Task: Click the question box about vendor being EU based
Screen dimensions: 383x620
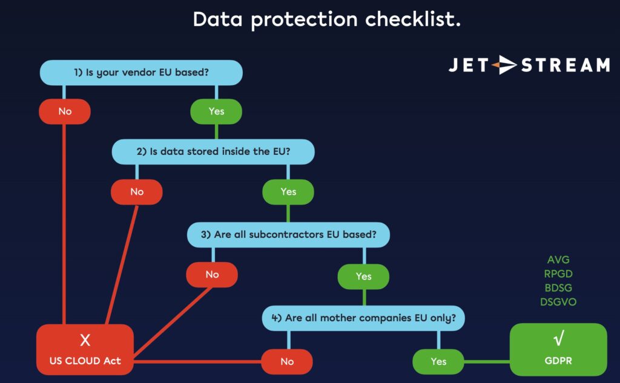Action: pyautogui.click(x=141, y=73)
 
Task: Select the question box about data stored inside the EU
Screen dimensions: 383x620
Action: pyautogui.click(x=213, y=151)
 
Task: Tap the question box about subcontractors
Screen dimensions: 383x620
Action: pyautogui.click(x=288, y=235)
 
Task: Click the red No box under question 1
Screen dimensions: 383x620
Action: pyautogui.click(x=65, y=111)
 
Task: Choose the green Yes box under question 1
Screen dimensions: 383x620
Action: pyautogui.click(x=216, y=111)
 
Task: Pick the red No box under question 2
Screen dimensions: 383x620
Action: pyautogui.click(x=137, y=192)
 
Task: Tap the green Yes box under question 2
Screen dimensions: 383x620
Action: pyautogui.click(x=288, y=192)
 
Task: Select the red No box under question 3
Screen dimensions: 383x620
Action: pyautogui.click(x=212, y=275)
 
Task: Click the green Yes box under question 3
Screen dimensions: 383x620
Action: pyautogui.click(x=363, y=276)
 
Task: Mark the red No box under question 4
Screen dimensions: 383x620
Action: pyautogui.click(x=287, y=361)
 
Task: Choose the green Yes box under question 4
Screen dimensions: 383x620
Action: pyautogui.click(x=438, y=361)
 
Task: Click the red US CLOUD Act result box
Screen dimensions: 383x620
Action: pyautogui.click(x=85, y=349)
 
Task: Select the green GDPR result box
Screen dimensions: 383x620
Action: pyautogui.click(x=558, y=349)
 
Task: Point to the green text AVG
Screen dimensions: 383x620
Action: pyautogui.click(x=558, y=260)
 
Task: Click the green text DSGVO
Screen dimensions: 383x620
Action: pyautogui.click(x=558, y=301)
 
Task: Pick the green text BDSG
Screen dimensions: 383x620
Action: pyautogui.click(x=558, y=287)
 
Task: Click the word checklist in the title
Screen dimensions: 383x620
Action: pyautogui.click(x=412, y=19)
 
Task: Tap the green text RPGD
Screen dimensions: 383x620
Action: pyautogui.click(x=558, y=274)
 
